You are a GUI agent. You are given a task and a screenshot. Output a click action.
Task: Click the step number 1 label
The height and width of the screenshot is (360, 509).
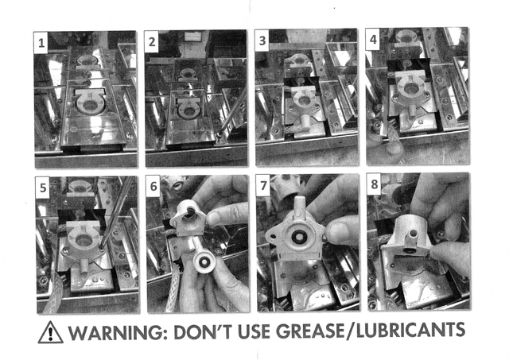(x=41, y=42)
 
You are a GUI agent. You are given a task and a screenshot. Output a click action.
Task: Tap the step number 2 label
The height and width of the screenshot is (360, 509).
(x=152, y=42)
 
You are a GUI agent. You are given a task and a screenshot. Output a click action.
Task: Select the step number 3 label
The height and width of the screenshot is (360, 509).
(x=262, y=41)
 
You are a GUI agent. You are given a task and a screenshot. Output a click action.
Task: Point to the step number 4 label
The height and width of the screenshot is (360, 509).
(x=373, y=40)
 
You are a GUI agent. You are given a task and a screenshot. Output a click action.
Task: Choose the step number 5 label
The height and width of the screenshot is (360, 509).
(x=43, y=188)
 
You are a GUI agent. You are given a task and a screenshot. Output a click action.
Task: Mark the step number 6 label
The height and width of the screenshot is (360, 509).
(x=153, y=186)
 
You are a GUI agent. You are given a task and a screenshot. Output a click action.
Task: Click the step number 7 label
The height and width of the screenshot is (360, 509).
(x=263, y=185)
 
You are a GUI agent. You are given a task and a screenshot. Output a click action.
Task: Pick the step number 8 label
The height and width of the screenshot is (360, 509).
(x=375, y=184)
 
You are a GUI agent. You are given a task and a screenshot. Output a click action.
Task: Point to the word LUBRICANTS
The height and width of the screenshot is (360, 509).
(x=410, y=330)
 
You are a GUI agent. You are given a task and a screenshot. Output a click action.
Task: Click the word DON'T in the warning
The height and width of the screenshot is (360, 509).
(x=203, y=331)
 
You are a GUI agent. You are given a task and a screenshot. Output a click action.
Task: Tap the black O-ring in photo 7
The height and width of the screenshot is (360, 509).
(x=297, y=237)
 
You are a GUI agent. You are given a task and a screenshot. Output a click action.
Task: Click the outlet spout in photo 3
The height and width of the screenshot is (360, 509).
(x=305, y=123)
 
